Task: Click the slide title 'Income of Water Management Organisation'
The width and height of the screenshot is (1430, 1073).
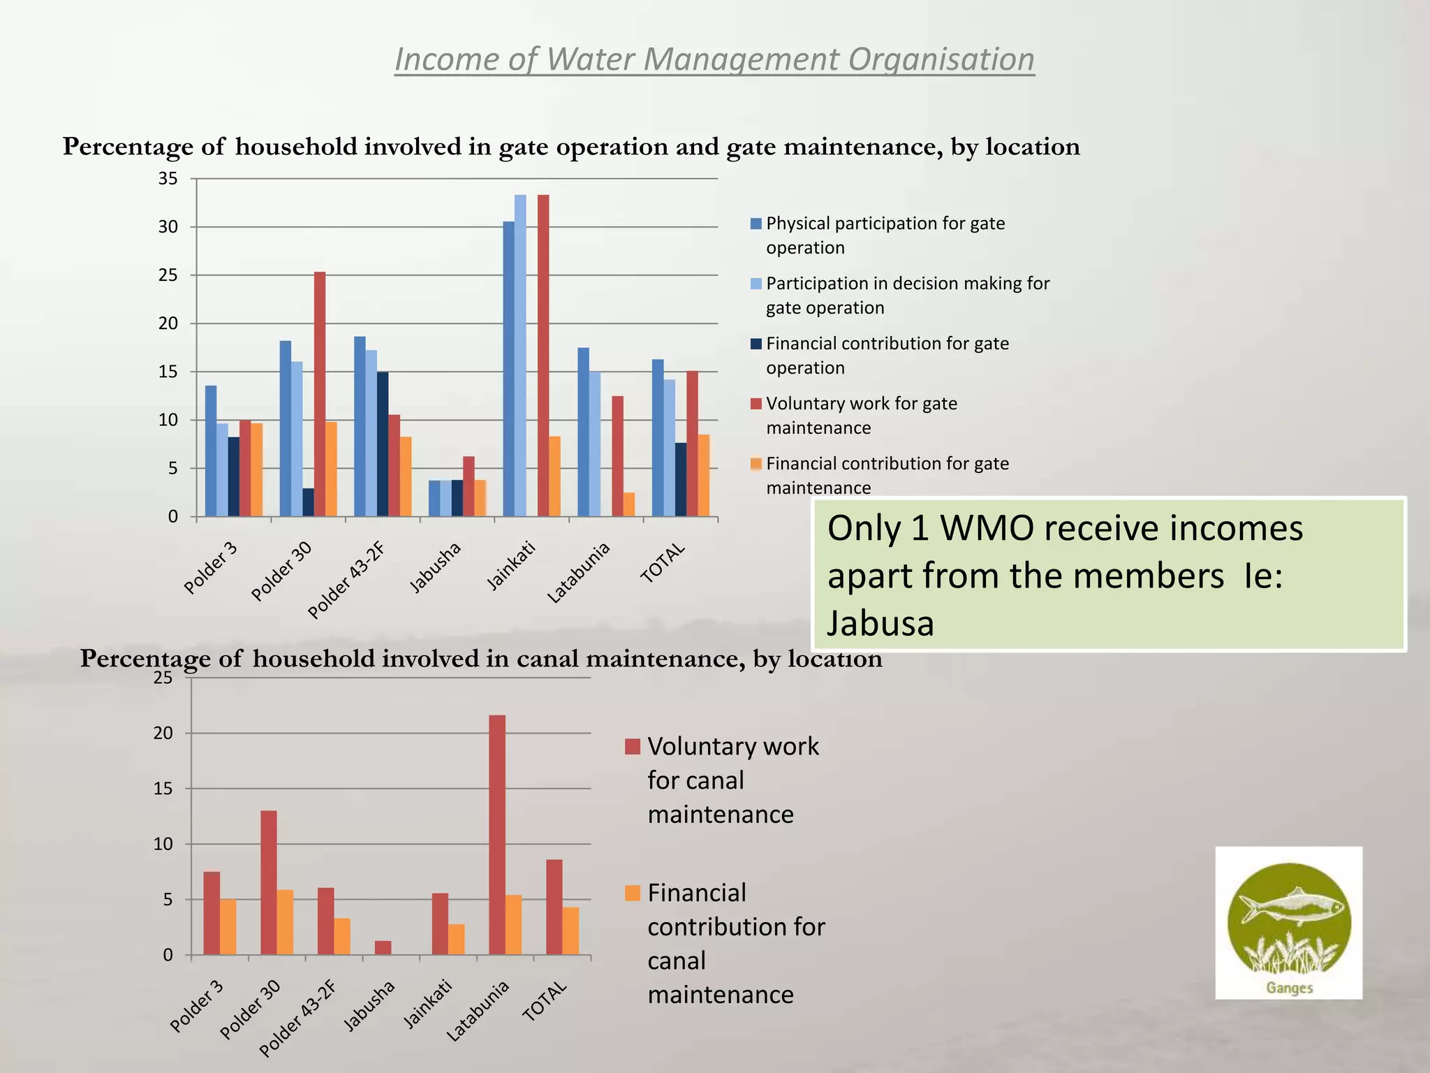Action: (x=714, y=59)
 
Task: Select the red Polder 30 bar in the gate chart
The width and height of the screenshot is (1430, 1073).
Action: (x=320, y=394)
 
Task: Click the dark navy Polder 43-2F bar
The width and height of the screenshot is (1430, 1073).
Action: (x=383, y=444)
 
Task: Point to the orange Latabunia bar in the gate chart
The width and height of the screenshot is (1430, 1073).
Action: (x=629, y=504)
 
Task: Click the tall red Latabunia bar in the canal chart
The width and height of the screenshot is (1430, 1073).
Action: (x=497, y=835)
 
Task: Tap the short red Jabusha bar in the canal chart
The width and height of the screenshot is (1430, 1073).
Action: (x=383, y=947)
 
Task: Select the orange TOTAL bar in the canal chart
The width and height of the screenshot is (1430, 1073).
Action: (x=570, y=930)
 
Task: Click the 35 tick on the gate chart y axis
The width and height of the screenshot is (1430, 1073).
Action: (x=168, y=179)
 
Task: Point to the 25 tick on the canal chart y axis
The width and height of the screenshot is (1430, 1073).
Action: (x=163, y=678)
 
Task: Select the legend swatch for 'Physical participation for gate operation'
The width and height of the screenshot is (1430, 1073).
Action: (x=756, y=224)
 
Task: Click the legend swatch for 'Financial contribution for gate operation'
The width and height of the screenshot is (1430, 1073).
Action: (x=756, y=344)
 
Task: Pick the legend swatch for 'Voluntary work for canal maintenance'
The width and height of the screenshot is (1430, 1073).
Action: (x=633, y=746)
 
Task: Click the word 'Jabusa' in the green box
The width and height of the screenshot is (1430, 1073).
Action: (x=880, y=623)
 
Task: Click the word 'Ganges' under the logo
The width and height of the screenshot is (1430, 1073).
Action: (x=1290, y=988)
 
